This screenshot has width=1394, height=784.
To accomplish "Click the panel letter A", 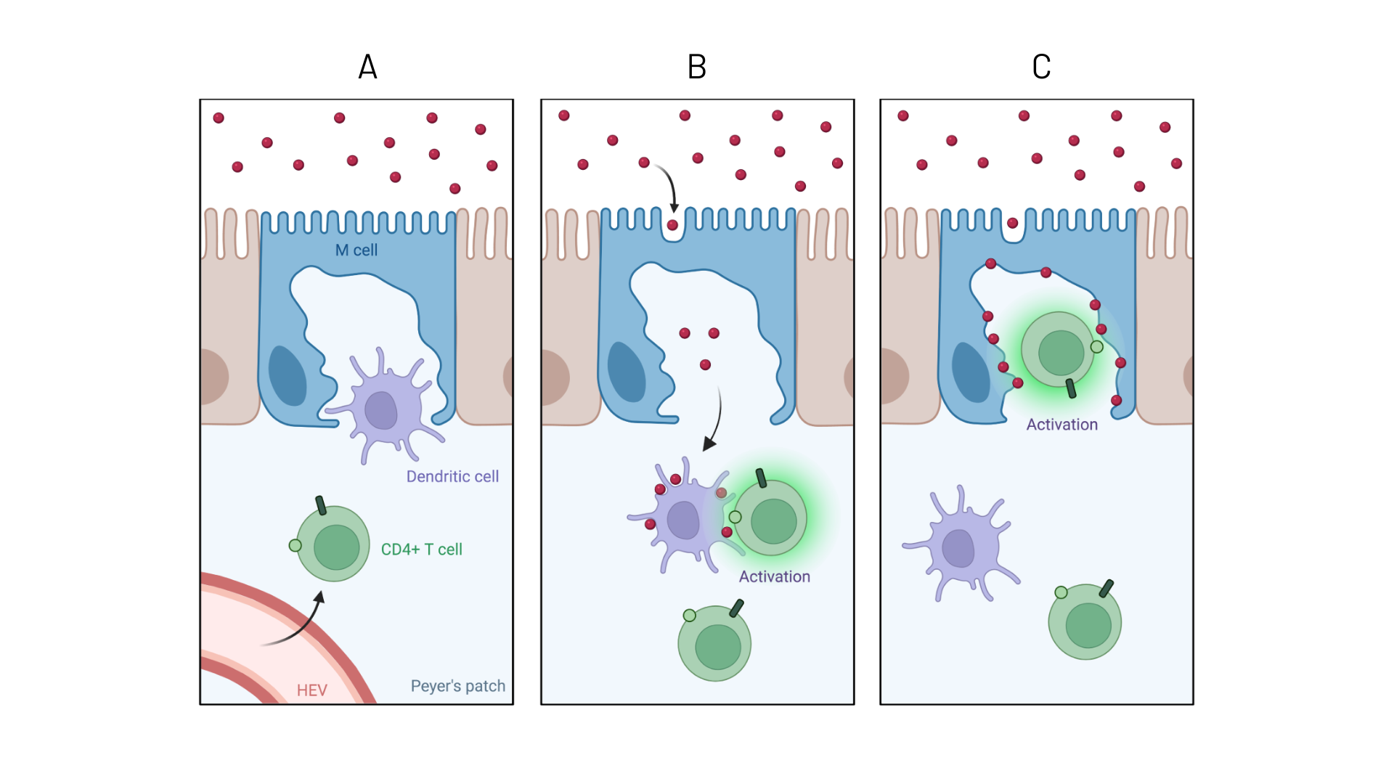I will point(367,67).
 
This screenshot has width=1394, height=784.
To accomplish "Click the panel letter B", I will point(696,67).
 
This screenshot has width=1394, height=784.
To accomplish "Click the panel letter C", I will point(1041,67).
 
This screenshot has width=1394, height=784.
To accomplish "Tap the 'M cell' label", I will point(356,250).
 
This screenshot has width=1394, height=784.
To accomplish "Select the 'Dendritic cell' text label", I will point(452,477).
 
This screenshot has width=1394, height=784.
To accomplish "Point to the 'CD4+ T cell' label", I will point(421,550).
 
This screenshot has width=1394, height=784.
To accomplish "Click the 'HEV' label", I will point(312,690).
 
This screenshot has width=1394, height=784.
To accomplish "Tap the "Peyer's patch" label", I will point(457,686).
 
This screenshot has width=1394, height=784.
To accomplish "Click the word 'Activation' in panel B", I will point(774,576).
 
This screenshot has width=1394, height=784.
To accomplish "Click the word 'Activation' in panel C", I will point(1061,425).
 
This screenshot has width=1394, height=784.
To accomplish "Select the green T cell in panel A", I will point(334,544).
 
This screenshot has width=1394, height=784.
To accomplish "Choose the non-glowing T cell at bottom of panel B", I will point(715,644).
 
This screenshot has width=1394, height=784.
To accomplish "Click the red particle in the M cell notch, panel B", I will point(672,225).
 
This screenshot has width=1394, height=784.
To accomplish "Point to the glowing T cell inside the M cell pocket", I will point(1059,351).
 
